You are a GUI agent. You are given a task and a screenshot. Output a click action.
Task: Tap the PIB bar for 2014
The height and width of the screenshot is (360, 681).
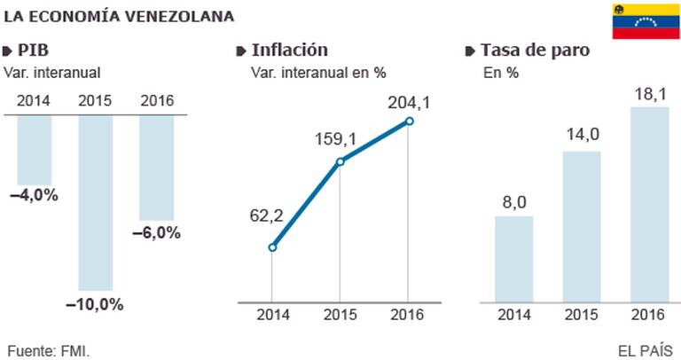click(x=35, y=150)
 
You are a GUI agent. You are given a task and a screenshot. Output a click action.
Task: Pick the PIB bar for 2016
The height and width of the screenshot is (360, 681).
click(x=156, y=168)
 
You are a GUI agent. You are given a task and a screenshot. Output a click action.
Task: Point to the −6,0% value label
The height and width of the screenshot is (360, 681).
click(x=157, y=233)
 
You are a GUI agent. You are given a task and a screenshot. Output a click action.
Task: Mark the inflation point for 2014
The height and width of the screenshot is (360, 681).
click(x=272, y=247)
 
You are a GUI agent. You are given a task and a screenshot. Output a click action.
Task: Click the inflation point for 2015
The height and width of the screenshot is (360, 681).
click(x=340, y=161)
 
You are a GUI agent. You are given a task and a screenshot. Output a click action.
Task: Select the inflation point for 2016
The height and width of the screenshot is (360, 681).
click(x=410, y=121)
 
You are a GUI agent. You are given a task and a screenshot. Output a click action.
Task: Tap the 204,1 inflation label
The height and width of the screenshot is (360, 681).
click(x=409, y=104)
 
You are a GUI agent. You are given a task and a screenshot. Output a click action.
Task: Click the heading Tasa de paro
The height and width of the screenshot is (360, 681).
click(x=534, y=50)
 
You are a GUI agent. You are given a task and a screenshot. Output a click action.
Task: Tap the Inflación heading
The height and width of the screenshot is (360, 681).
click(x=289, y=50)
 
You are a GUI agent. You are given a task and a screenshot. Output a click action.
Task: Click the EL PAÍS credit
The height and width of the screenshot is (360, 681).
click(x=645, y=350)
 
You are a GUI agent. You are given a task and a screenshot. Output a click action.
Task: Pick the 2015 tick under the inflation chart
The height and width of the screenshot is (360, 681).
click(x=340, y=313)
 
